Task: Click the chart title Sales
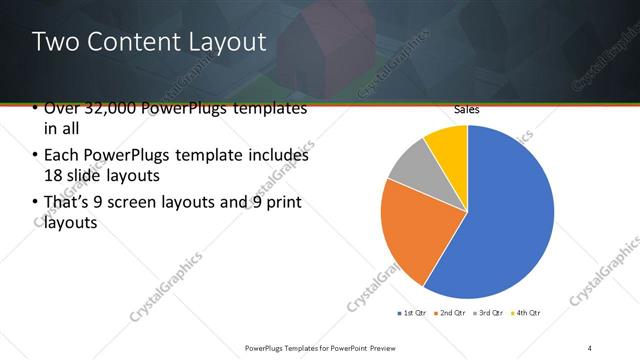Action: tap(467, 109)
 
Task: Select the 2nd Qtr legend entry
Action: tap(450, 314)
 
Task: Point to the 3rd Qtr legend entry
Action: tap(489, 314)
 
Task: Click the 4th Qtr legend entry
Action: tap(527, 314)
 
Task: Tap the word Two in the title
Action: tap(51, 43)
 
